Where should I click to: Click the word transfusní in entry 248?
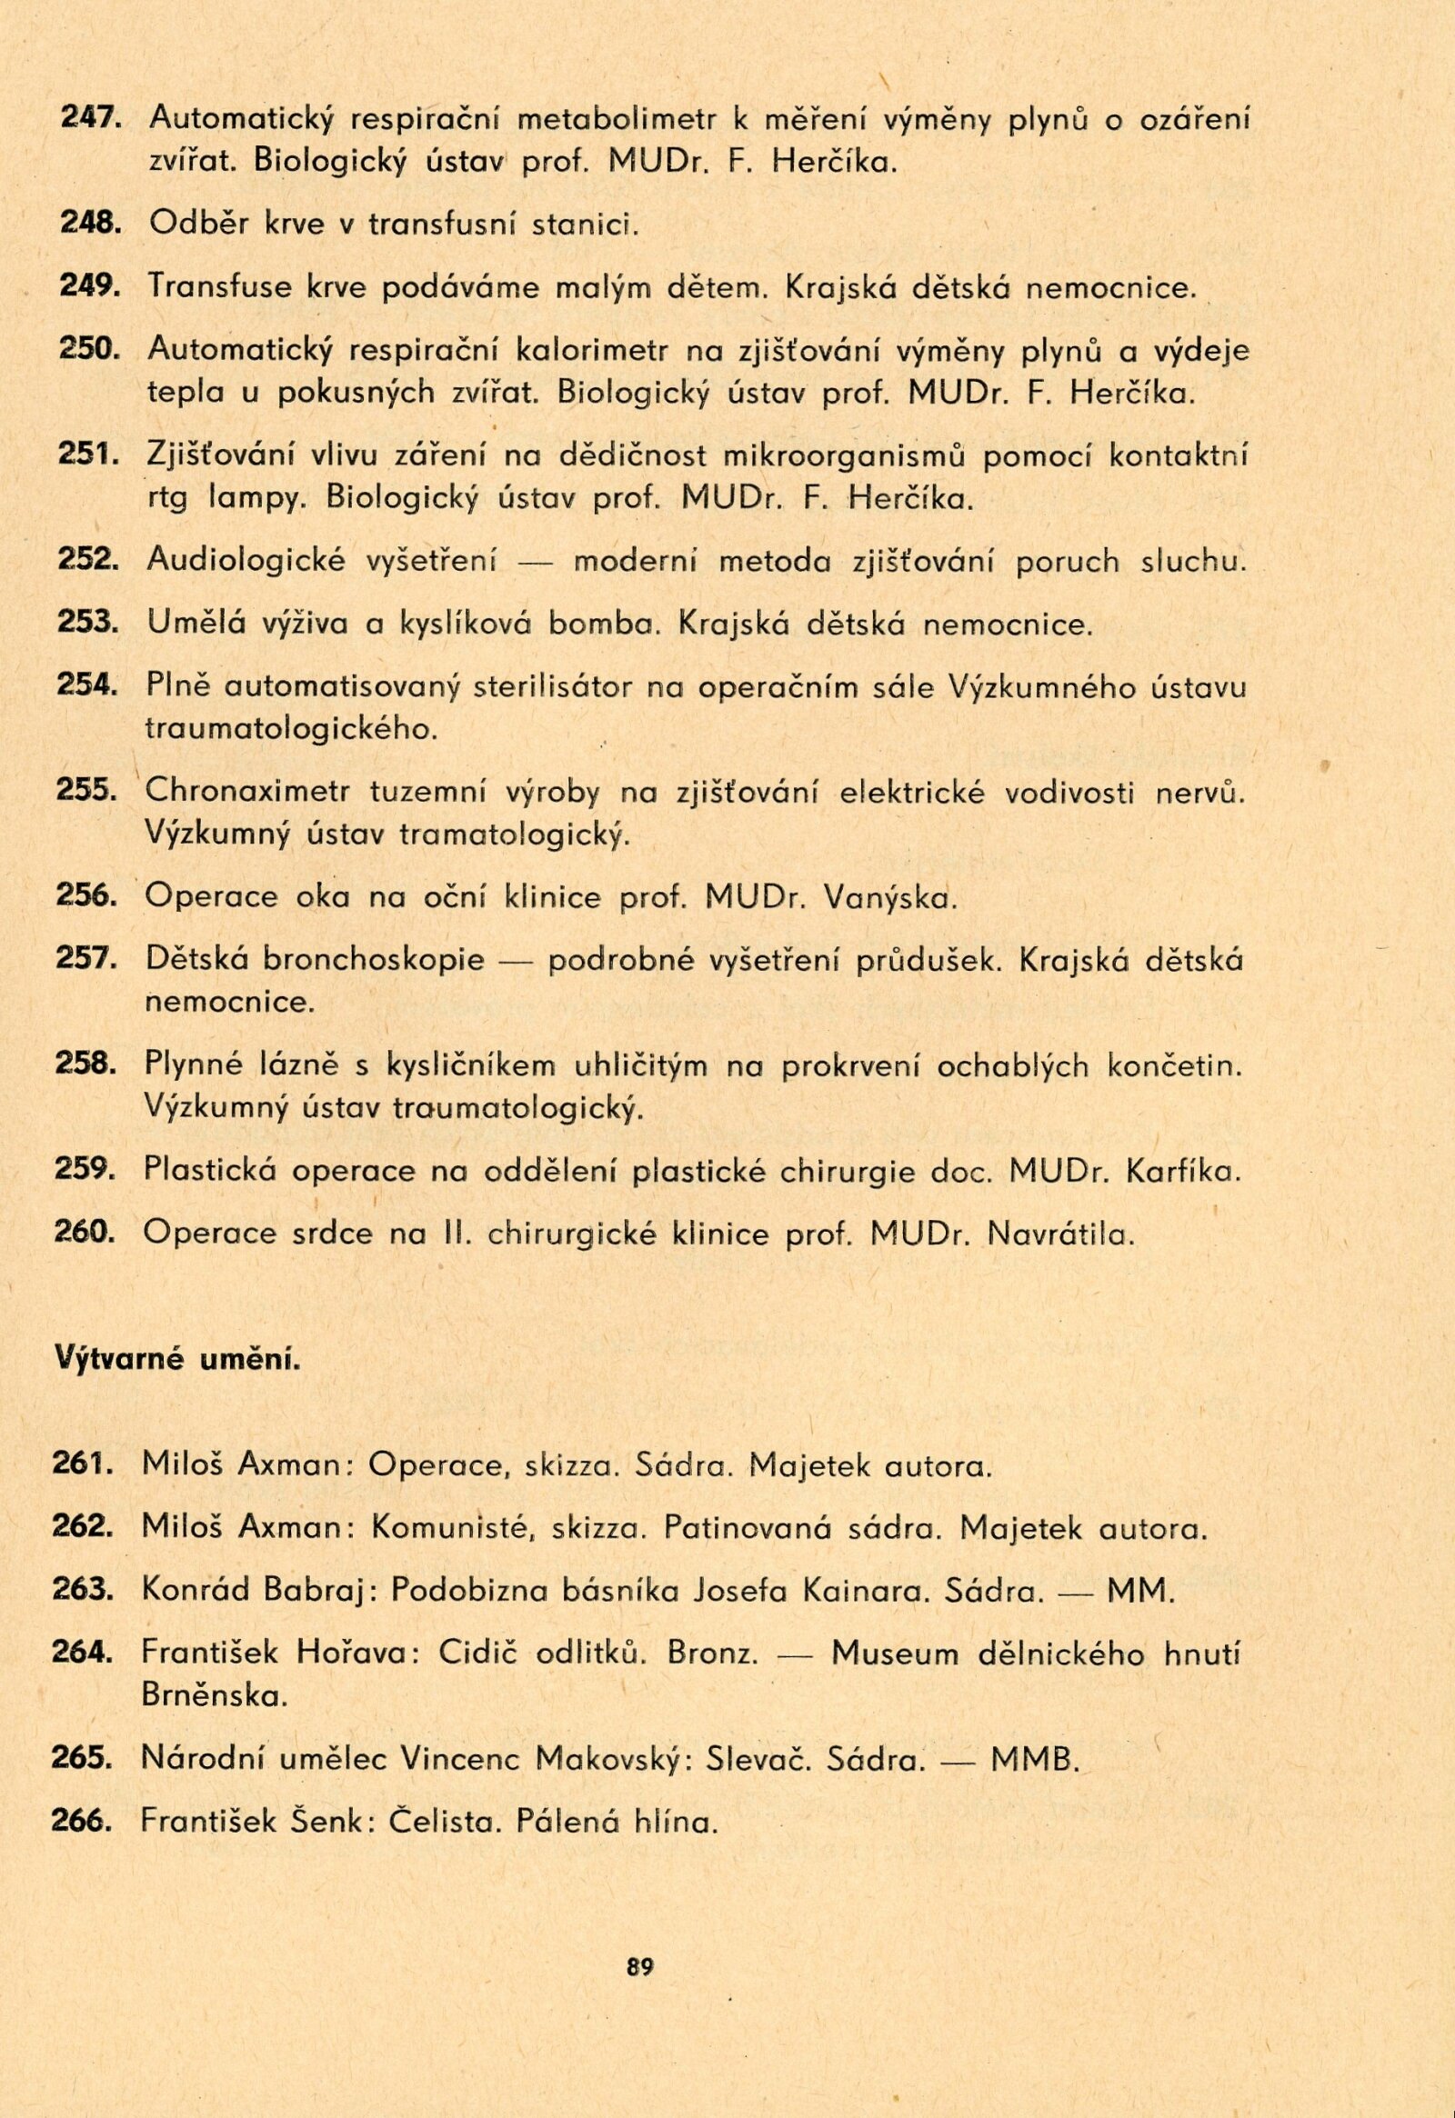pos(441,225)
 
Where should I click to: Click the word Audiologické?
pos(246,562)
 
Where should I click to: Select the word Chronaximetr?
pos(247,792)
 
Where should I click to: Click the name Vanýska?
pos(888,899)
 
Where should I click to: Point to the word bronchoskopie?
pos(374,961)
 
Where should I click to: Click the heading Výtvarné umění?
pos(177,1384)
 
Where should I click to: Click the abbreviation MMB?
pos(1034,1759)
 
